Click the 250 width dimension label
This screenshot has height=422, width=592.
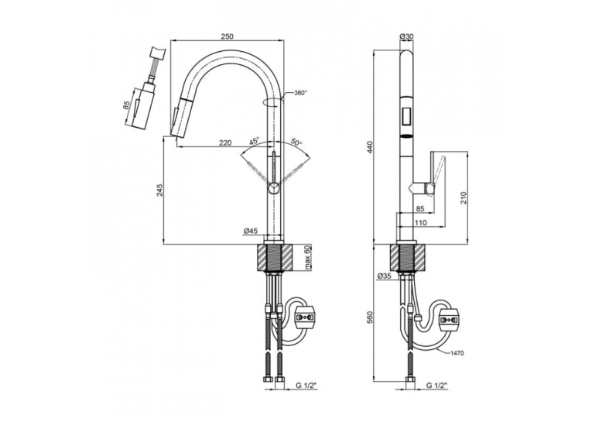[228, 36]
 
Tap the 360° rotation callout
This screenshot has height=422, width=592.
[301, 94]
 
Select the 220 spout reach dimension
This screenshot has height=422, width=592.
[225, 142]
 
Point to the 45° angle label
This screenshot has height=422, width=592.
[255, 141]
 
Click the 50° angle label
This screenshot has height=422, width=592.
[296, 142]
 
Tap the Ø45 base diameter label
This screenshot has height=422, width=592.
[251, 232]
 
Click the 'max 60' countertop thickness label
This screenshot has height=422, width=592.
[307, 258]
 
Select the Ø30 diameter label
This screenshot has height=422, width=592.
[406, 36]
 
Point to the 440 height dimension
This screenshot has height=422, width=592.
[370, 147]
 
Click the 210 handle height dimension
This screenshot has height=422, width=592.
[464, 198]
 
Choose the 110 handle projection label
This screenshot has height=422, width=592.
[421, 223]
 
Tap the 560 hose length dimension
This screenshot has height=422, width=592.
[370, 317]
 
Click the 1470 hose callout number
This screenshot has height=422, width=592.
[457, 353]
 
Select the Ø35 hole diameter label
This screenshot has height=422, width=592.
[384, 276]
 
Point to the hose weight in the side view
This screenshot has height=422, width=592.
[449, 321]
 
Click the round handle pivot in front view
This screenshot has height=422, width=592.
[273, 187]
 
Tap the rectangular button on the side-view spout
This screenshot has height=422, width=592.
[407, 116]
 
